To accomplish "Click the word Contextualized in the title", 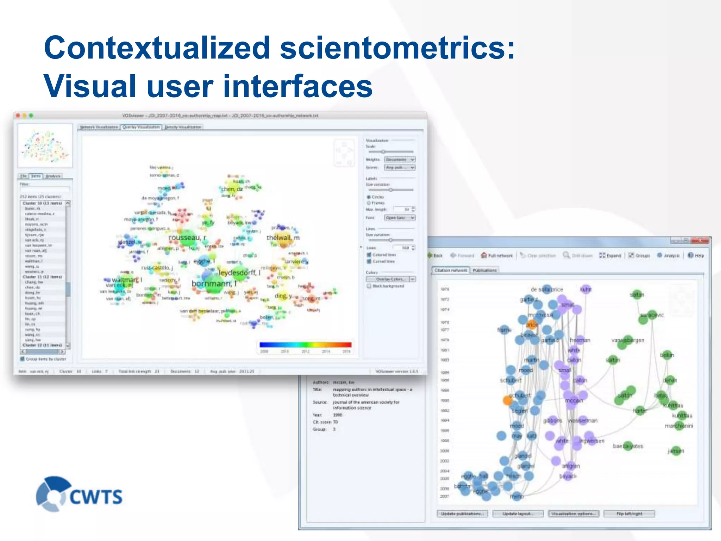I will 157,48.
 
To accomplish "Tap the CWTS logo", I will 80,494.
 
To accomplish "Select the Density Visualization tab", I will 183,127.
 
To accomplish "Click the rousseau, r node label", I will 187,238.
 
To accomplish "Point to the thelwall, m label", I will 283,238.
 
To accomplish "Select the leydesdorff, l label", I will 239,273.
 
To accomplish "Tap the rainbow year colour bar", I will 305,345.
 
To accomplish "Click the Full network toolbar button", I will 497,256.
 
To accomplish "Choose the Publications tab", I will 484,270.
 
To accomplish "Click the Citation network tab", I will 451,270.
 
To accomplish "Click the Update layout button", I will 518,514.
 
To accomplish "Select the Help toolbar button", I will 696,256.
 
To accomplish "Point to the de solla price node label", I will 546,290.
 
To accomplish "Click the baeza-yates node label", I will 628,446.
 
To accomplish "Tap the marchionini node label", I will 678,426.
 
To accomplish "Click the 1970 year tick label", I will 445,289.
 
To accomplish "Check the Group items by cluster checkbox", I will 23,359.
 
